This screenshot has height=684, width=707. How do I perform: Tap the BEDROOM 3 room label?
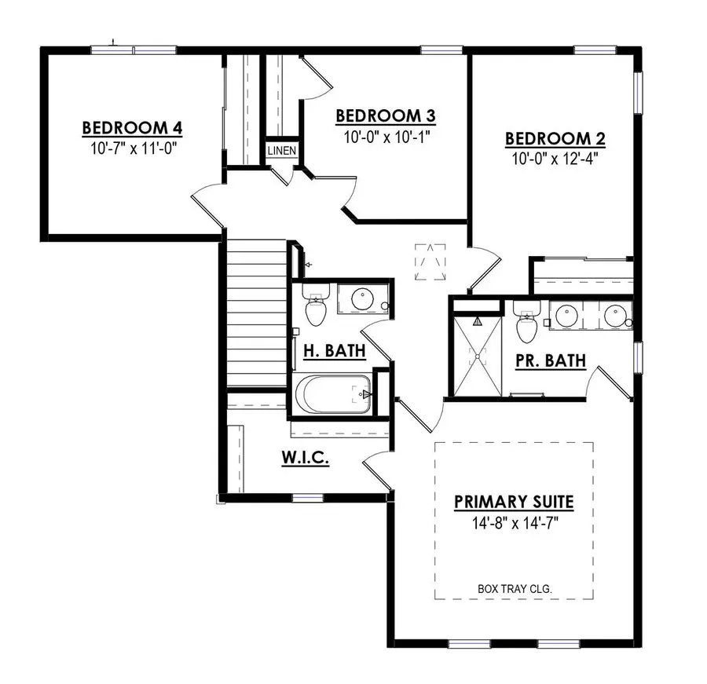(x=386, y=116)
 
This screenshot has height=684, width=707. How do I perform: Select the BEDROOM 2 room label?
(x=555, y=139)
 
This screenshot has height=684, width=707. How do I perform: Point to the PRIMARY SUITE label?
(x=514, y=501)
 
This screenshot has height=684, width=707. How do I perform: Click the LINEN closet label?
(x=281, y=149)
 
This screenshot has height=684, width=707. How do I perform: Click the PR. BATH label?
(x=551, y=360)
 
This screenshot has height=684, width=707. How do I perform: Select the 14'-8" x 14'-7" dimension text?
(x=514, y=521)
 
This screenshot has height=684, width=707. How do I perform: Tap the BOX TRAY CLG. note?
(x=514, y=587)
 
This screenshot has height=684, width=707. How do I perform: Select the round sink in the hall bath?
(x=362, y=299)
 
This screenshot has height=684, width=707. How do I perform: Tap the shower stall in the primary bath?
(x=474, y=355)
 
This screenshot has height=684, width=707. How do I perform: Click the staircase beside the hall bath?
(x=256, y=314)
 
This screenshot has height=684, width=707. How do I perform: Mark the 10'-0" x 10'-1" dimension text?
(x=386, y=136)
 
